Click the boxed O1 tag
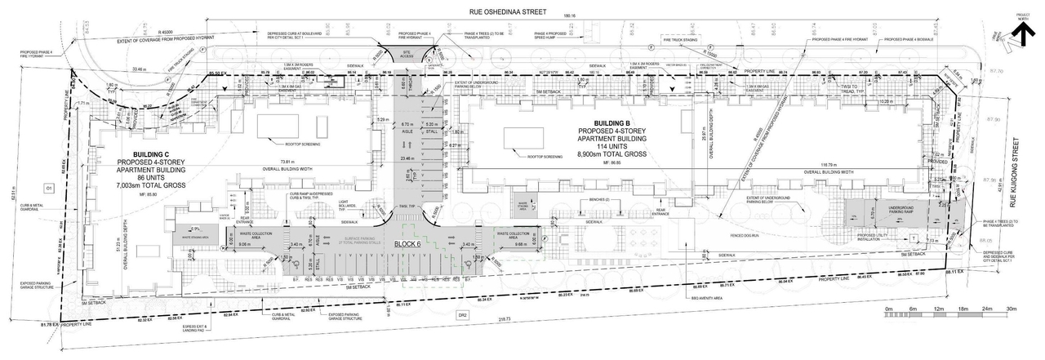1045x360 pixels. click(48, 189)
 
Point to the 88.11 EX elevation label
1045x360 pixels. click(954, 271)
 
